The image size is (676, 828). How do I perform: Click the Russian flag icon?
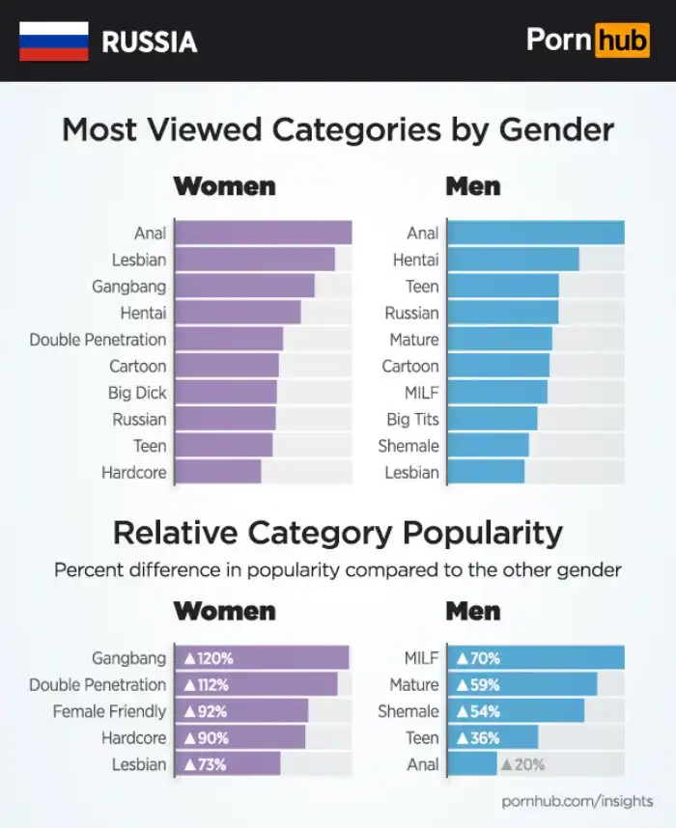53,41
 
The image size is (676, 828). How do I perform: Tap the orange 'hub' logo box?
622,41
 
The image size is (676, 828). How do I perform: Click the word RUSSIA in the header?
149,41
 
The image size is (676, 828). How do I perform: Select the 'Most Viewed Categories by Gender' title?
338,129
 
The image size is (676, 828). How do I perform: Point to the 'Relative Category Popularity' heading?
338,532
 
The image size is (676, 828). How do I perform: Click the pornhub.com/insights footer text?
577,801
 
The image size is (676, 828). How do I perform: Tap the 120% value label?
209,659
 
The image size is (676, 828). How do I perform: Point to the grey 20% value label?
522,764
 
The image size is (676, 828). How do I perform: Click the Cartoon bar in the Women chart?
228,367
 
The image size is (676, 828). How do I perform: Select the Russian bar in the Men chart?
503,313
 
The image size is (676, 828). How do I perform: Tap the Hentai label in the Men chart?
415,260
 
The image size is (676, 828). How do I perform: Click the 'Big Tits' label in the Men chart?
412,420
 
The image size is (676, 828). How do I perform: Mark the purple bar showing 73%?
228,764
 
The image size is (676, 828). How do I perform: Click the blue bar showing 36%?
493,738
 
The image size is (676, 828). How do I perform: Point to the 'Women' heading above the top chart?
224,185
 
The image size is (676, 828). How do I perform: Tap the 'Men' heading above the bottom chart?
472,611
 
